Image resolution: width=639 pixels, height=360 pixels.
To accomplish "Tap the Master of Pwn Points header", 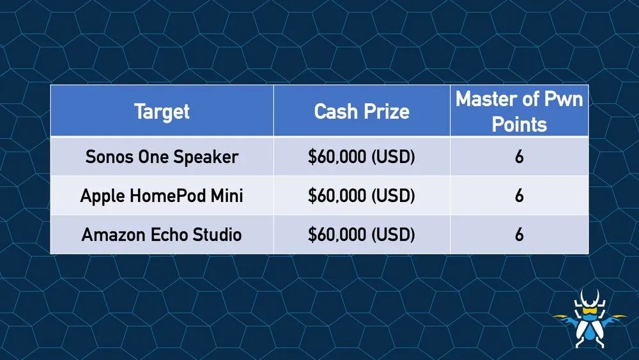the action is (519, 111).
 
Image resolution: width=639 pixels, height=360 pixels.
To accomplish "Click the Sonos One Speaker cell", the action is (162, 157).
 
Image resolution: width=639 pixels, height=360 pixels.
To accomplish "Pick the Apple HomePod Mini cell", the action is (162, 196).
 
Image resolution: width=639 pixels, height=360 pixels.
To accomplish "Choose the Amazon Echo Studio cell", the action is (162, 235).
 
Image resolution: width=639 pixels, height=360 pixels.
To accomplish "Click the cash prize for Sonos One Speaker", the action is (362, 157).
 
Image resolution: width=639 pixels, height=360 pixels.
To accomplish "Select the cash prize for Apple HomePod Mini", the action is (362, 196).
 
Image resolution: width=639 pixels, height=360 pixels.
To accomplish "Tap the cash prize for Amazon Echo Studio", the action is (362, 235).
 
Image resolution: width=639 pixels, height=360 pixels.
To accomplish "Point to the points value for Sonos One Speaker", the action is (519, 157).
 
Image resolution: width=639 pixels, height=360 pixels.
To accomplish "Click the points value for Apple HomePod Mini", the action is (519, 196).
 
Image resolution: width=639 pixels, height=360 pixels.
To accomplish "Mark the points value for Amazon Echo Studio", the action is (519, 235).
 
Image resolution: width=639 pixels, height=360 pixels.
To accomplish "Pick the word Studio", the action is (217, 235).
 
